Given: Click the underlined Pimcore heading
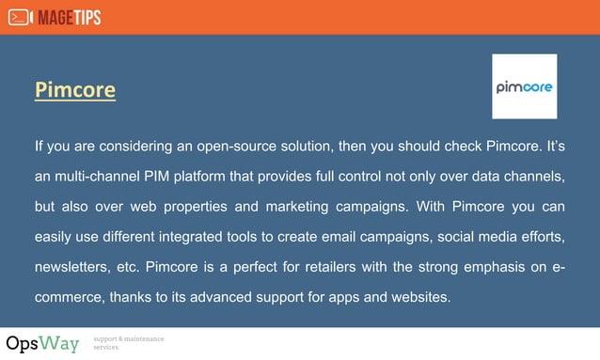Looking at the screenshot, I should coord(75,90).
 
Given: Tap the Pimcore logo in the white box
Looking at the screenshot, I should coord(524,86).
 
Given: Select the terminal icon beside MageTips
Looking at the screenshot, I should coord(20,17).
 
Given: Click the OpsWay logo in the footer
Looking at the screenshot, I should coord(42,343).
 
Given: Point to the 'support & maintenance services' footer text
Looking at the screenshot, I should coord(129,343).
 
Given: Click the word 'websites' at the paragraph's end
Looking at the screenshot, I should coord(418,297).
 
